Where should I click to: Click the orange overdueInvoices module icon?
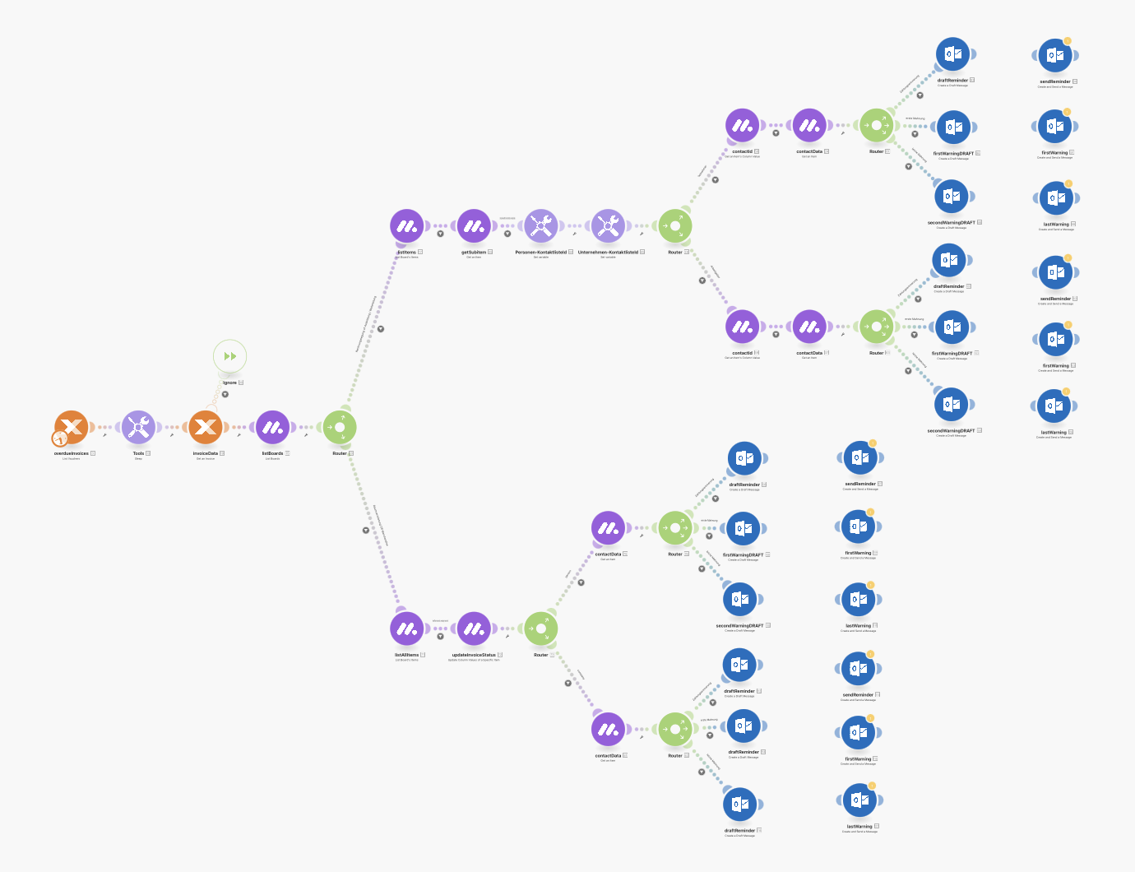pyautogui.click(x=72, y=426)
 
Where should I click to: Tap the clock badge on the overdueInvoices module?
pyautogui.click(x=60, y=439)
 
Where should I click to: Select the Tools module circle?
pyautogui.click(x=138, y=427)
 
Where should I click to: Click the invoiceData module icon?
pyautogui.click(x=206, y=427)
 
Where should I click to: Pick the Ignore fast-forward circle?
pyautogui.click(x=229, y=356)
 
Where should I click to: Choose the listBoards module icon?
pyautogui.click(x=272, y=427)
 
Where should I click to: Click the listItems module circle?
pyautogui.click(x=406, y=225)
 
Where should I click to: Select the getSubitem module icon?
pyautogui.click(x=474, y=225)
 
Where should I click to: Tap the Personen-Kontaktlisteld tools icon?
pyautogui.click(x=540, y=225)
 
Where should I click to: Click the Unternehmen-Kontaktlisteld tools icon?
pyautogui.click(x=608, y=225)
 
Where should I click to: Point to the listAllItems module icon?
pyautogui.click(x=406, y=628)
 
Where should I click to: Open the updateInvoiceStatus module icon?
pyautogui.click(x=474, y=628)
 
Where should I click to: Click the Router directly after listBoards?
pyautogui.click(x=340, y=427)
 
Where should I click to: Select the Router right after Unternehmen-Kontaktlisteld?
pyautogui.click(x=675, y=225)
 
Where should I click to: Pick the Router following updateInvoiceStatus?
pyautogui.click(x=541, y=628)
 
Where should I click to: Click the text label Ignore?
pyautogui.click(x=229, y=383)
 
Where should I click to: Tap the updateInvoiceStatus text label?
pyautogui.click(x=474, y=655)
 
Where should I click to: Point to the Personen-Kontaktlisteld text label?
pyautogui.click(x=540, y=252)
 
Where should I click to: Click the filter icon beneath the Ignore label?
pyautogui.click(x=225, y=394)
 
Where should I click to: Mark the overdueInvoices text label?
pyautogui.click(x=72, y=453)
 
